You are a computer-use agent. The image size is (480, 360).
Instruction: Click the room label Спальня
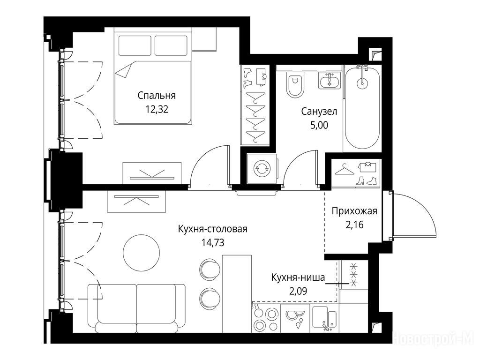tap(157, 96)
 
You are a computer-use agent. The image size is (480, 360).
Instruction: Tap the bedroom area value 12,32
tap(157, 109)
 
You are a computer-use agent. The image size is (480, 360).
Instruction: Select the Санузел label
tap(319, 112)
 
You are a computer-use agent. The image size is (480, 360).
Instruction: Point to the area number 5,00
tap(319, 125)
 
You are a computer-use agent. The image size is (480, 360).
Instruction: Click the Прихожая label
tap(354, 211)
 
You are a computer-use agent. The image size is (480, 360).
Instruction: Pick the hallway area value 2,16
tap(354, 225)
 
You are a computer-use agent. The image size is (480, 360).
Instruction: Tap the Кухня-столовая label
tap(213, 229)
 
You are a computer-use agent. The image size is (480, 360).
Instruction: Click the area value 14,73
tap(213, 243)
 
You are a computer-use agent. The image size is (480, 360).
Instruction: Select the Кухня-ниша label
tap(298, 277)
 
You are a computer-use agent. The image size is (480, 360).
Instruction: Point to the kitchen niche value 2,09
tap(298, 291)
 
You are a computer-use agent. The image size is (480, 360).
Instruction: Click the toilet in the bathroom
tap(295, 85)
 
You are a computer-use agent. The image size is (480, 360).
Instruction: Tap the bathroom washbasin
tap(330, 81)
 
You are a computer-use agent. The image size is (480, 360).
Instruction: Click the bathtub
tap(362, 109)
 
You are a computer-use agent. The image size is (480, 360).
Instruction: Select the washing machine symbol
tap(262, 169)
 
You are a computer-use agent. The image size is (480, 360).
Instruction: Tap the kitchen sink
tap(325, 319)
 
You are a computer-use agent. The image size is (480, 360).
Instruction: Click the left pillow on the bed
tap(135, 45)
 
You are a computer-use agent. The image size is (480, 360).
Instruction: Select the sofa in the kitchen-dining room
tap(136, 308)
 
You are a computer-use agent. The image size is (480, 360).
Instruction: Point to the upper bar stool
tap(210, 269)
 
